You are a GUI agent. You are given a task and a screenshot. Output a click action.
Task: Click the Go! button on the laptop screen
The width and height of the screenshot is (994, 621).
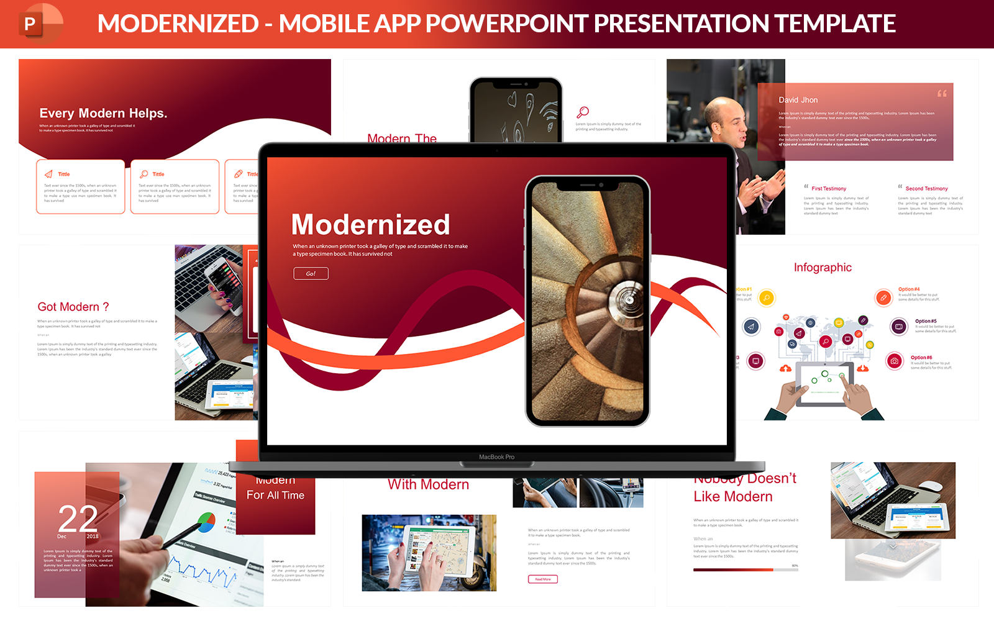tap(311, 273)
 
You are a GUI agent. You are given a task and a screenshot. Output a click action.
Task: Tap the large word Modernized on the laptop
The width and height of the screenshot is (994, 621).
tap(370, 225)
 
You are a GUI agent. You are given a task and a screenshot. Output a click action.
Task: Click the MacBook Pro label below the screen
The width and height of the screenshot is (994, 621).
tap(496, 457)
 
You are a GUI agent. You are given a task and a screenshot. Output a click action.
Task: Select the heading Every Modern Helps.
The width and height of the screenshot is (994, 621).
tap(103, 113)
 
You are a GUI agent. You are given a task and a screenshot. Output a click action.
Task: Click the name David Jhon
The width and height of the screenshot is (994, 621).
tap(798, 100)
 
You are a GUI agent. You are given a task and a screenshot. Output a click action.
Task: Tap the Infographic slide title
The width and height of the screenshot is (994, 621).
tap(823, 268)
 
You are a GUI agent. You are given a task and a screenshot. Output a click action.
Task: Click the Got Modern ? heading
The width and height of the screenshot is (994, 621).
tap(73, 307)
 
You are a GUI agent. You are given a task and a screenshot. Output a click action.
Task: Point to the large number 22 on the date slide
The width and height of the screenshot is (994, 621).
tap(78, 519)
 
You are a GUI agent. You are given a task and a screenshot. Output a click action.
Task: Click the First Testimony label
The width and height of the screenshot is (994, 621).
tap(828, 189)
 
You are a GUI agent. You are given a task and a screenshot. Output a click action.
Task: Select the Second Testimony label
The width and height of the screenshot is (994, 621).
tap(926, 189)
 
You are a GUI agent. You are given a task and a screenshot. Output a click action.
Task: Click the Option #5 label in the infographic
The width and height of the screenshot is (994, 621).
tap(925, 321)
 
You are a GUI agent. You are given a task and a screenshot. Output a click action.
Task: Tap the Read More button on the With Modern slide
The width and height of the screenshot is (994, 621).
tap(542, 579)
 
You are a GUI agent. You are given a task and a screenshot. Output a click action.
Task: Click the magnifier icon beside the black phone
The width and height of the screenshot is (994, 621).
tap(583, 112)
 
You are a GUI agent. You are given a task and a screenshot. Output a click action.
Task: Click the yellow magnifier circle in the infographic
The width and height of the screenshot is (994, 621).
tap(767, 298)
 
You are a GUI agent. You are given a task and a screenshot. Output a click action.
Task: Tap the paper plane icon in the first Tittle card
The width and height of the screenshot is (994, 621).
tap(48, 175)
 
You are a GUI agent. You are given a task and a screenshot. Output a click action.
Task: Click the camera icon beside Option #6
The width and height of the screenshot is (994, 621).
tap(894, 361)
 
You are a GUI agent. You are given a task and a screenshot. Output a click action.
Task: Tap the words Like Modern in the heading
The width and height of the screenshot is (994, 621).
tap(733, 497)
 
